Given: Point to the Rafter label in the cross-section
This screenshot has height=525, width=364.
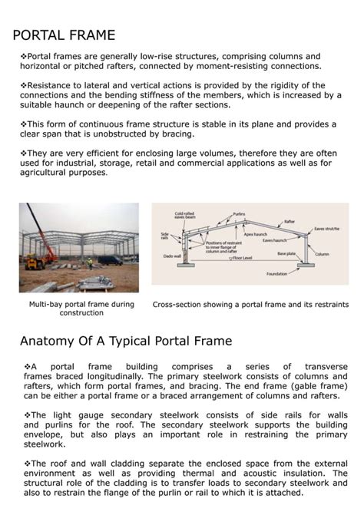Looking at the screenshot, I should (x=289, y=221).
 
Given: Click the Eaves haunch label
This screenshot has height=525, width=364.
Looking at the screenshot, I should (x=274, y=240).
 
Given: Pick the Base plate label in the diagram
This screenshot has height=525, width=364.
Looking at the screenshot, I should (x=286, y=253).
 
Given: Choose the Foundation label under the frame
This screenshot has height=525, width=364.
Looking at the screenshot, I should (x=276, y=273).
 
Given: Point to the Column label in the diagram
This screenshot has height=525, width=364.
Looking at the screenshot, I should (x=322, y=254).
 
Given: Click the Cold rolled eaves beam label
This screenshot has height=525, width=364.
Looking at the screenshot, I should (x=184, y=216).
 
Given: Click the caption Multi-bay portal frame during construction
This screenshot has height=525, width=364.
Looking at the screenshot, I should (x=81, y=308).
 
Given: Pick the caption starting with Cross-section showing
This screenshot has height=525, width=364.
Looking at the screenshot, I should (x=250, y=303).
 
